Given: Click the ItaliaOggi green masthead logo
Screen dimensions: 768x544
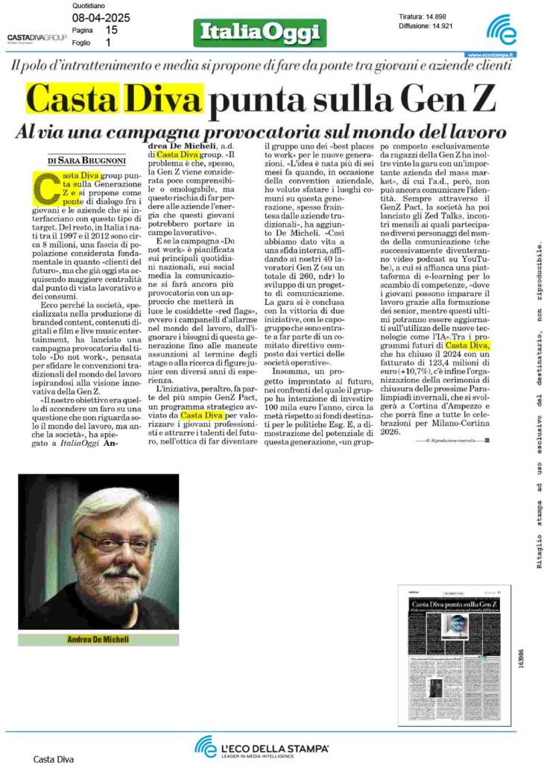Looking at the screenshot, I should coord(259,33).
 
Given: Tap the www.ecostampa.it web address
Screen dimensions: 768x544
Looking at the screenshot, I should coord(493,54).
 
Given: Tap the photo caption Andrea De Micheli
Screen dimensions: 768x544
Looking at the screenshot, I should coord(98,639).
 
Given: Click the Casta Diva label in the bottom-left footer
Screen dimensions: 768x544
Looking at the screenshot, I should coord(54,759).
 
